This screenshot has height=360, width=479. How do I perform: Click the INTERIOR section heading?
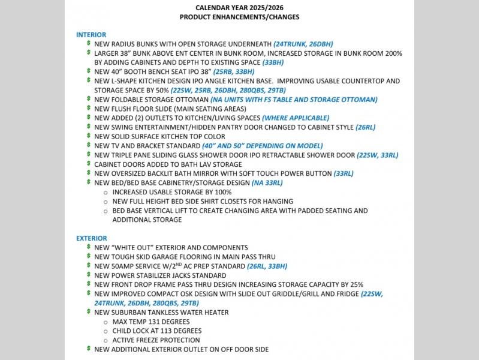tap(91, 35)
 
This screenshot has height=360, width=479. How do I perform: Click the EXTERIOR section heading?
tap(92, 238)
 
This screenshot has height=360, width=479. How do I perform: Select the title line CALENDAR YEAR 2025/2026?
tap(239, 8)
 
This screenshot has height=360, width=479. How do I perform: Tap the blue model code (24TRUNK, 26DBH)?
tap(303, 44)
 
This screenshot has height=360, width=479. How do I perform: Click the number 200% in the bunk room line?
tap(393, 53)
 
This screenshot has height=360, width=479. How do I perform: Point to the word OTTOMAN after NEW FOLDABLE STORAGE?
tap(192, 100)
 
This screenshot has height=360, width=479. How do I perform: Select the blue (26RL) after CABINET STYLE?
tap(365, 127)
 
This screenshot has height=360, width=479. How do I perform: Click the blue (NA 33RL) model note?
tap(267, 183)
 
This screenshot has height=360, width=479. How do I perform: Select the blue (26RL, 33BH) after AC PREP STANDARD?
tap(267, 266)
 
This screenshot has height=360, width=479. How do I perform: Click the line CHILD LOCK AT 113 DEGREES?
tap(156, 331)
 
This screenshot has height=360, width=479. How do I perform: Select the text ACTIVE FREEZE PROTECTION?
tap(156, 340)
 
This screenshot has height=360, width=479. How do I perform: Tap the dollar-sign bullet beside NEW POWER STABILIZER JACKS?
tap(88, 275)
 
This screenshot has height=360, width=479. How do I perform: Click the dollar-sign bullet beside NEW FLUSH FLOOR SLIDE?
tap(88, 109)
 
